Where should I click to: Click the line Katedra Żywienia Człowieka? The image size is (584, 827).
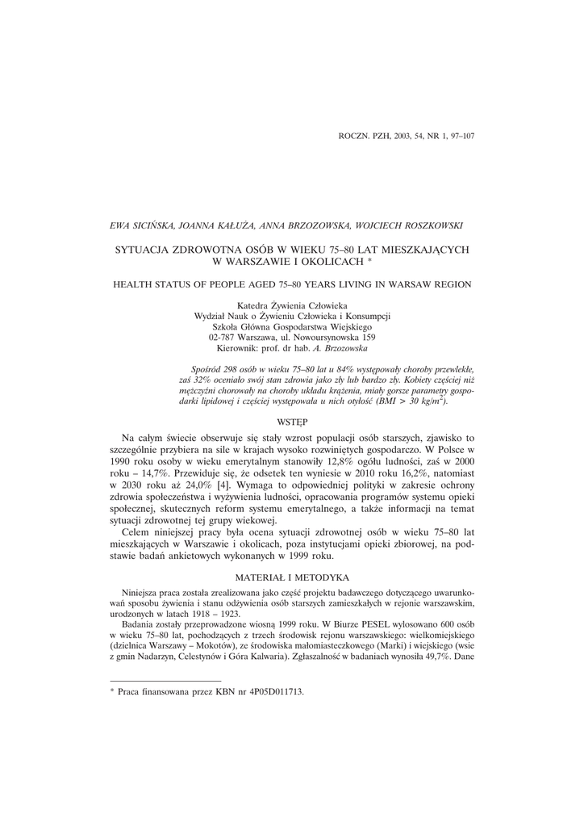click(291, 305)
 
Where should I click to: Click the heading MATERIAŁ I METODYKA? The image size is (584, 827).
click(291, 577)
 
